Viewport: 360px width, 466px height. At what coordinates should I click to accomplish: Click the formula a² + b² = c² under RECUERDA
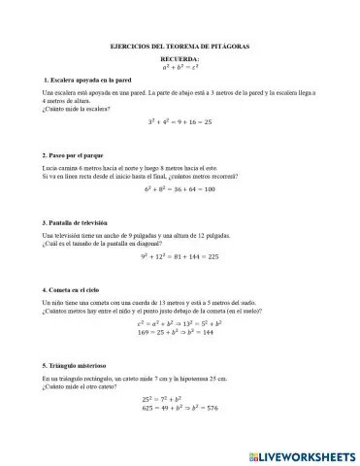(x=180, y=67)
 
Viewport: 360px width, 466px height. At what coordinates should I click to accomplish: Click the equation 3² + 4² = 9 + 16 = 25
(x=180, y=122)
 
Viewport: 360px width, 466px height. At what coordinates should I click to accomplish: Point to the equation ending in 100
(x=180, y=190)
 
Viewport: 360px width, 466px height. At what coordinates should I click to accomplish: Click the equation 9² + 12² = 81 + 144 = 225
(x=180, y=257)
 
